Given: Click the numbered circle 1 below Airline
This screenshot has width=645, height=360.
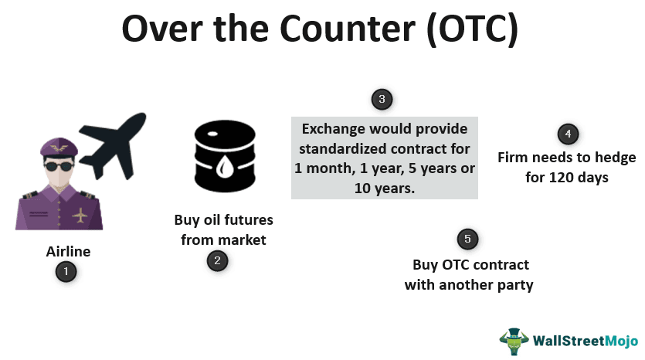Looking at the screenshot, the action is pyautogui.click(x=66, y=271).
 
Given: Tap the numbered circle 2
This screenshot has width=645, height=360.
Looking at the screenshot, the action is pyautogui.click(x=217, y=260).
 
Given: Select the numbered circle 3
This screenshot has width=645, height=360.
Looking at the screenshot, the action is pyautogui.click(x=382, y=99).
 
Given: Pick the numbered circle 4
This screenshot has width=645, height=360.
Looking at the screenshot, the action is pyautogui.click(x=568, y=134).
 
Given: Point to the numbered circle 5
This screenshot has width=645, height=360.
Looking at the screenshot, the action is pyautogui.click(x=467, y=239).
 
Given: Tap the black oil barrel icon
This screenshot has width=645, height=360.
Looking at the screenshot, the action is pyautogui.click(x=225, y=156).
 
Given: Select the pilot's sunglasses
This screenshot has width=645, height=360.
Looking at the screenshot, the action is pyautogui.click(x=59, y=167).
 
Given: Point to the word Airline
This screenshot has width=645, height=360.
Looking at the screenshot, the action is pyautogui.click(x=68, y=251).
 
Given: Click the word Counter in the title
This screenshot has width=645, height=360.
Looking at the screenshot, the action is pyautogui.click(x=348, y=29).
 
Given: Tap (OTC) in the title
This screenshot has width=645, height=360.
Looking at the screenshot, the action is pyautogui.click(x=472, y=29).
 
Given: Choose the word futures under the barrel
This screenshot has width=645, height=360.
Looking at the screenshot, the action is pyautogui.click(x=249, y=220).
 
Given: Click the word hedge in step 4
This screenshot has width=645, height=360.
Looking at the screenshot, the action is pyautogui.click(x=613, y=158).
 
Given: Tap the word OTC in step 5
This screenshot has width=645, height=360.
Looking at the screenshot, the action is pyautogui.click(x=456, y=264).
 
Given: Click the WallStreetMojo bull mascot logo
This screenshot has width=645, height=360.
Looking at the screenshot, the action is pyautogui.click(x=514, y=341).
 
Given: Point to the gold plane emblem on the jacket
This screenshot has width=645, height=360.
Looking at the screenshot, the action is pyautogui.click(x=80, y=216).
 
